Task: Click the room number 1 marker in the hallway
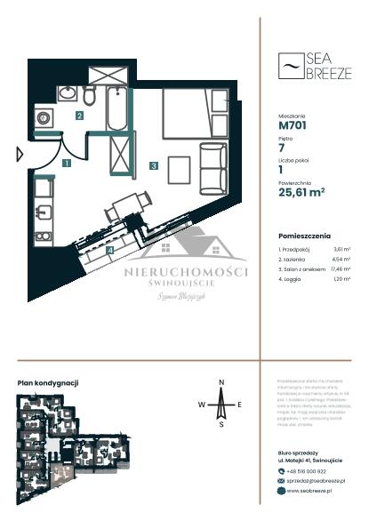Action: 67,163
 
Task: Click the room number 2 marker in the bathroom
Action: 79,116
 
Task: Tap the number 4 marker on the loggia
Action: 109,250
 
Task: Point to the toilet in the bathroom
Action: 89,94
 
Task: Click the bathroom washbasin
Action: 67,92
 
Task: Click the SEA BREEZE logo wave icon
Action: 288,67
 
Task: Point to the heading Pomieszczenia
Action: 304,236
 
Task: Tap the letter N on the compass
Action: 221,382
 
